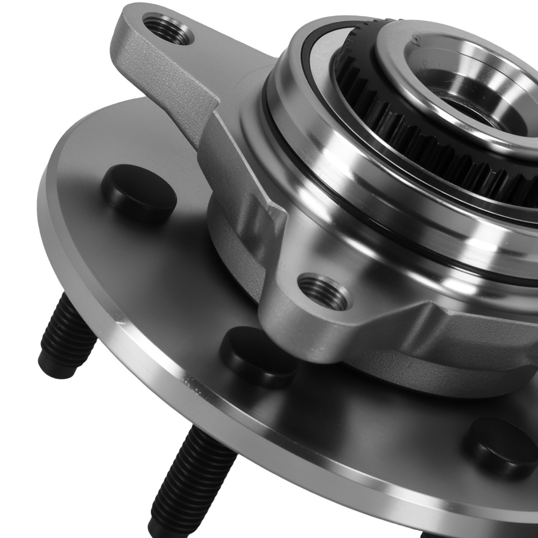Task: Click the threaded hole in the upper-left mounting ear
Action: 168,30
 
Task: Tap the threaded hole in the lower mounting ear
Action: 324,292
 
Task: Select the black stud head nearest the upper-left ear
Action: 139,193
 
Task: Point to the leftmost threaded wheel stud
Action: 67,336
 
